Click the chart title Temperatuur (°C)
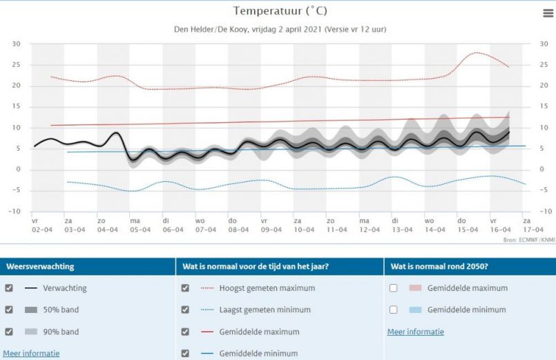coord(278,11)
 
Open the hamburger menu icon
coord(548,13)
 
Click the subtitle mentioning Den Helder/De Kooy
coord(278,29)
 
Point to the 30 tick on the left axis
coord(16,44)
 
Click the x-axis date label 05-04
coord(140,229)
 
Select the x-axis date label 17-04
coord(533,229)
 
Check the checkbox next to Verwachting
coord(8,288)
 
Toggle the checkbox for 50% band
coord(8,310)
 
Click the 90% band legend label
coord(61,332)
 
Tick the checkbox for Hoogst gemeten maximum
coord(185,288)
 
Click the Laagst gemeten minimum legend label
coord(265,310)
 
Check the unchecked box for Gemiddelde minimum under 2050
coord(393,310)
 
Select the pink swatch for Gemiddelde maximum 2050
coord(414,288)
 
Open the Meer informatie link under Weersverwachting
coord(31,353)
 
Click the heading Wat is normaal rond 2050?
coord(439,266)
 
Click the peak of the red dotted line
coord(476,53)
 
